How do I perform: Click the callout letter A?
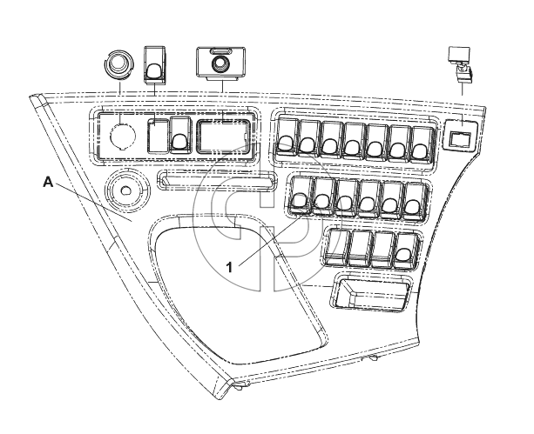pyautogui.click(x=49, y=182)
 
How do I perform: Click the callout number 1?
pyautogui.click(x=230, y=267)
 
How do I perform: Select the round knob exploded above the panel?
pyautogui.click(x=118, y=64)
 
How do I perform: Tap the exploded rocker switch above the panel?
pyautogui.click(x=155, y=65)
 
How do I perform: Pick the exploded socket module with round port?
pyautogui.click(x=220, y=64)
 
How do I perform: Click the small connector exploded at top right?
pyautogui.click(x=462, y=64)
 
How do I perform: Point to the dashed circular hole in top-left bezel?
pyautogui.click(x=122, y=136)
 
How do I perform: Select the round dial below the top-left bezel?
pyautogui.click(x=126, y=190)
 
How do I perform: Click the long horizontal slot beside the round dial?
pyautogui.click(x=217, y=179)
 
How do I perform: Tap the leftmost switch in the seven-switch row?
pyautogui.click(x=287, y=137)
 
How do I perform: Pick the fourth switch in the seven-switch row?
pyautogui.click(x=355, y=141)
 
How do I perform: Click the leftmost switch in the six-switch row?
pyautogui.click(x=301, y=195)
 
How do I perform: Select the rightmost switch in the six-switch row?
pyautogui.click(x=415, y=201)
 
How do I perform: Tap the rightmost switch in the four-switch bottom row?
pyautogui.click(x=404, y=250)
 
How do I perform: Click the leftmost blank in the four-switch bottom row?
pyautogui.click(x=336, y=247)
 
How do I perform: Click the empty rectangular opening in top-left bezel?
pyautogui.click(x=222, y=137)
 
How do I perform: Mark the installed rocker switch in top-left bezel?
pyautogui.click(x=180, y=134)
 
